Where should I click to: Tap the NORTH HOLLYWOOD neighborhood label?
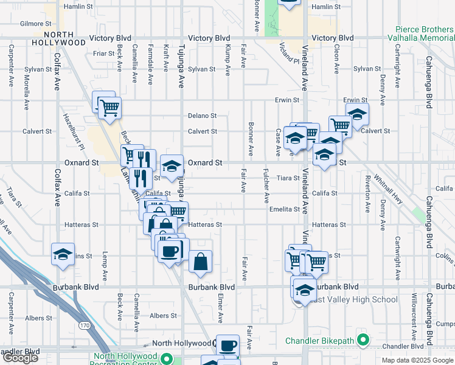(64, 38)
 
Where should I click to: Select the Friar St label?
(104, 54)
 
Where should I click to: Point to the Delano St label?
(202, 116)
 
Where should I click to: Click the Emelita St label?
(285, 209)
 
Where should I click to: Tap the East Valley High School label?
(353, 299)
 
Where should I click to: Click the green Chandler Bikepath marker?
(364, 339)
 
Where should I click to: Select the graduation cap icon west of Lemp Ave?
(62, 255)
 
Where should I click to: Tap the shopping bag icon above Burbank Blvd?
(200, 262)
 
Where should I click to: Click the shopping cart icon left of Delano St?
(109, 108)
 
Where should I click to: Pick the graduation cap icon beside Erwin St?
(357, 114)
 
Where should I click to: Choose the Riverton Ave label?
(367, 194)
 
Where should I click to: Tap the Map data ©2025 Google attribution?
(417, 360)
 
